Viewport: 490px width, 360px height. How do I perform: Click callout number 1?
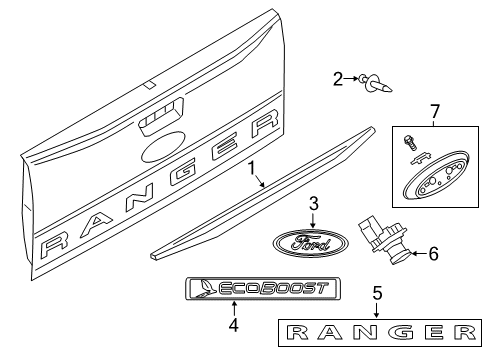pos(253,170)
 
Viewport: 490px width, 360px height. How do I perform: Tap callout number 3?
pos(312,204)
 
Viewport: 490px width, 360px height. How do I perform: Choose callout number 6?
pos(433,254)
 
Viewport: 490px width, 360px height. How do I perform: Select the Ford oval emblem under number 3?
pos(311,245)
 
